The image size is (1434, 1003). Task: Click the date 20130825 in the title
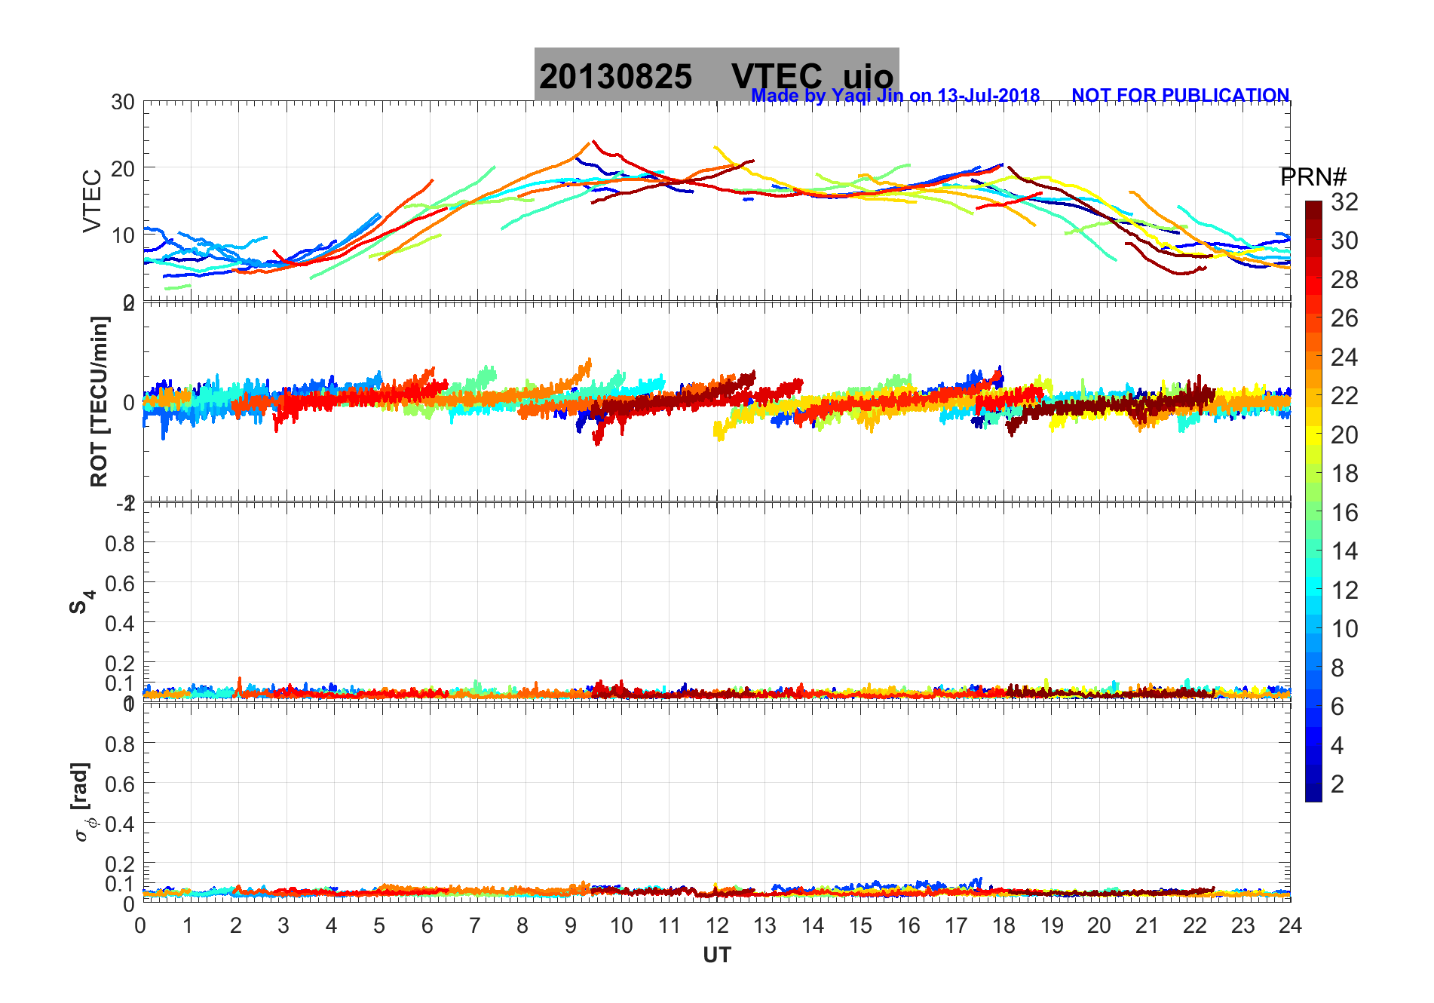click(x=615, y=77)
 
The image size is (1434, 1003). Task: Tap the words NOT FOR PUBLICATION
click(x=1180, y=96)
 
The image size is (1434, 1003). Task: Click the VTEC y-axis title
click(x=92, y=201)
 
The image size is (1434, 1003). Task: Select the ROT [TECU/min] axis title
click(x=99, y=401)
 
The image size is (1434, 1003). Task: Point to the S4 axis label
click(x=81, y=602)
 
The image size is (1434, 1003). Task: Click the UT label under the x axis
click(x=716, y=955)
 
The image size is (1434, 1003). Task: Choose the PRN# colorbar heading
click(x=1313, y=177)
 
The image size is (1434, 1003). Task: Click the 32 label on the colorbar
click(x=1344, y=202)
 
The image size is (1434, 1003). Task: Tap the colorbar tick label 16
click(x=1344, y=513)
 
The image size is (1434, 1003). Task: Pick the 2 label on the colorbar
click(x=1337, y=784)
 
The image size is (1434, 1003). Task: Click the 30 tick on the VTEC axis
click(x=123, y=103)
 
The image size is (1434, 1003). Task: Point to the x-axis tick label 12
click(x=716, y=926)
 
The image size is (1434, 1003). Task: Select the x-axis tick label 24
click(x=1290, y=926)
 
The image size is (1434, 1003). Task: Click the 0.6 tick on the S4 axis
click(x=120, y=583)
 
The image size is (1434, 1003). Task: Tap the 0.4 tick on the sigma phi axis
click(x=120, y=824)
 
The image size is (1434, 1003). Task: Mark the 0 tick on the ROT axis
click(x=128, y=402)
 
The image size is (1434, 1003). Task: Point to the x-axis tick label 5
click(x=379, y=926)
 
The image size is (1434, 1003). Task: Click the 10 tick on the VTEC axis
click(x=123, y=235)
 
